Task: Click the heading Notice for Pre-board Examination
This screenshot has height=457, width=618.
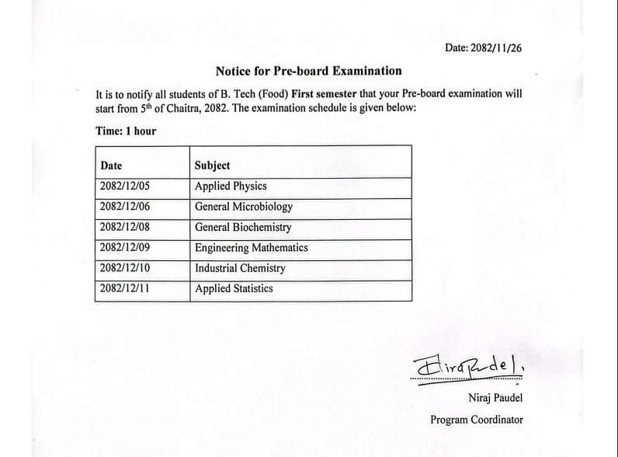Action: tap(309, 71)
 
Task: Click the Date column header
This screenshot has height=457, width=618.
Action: tap(111, 166)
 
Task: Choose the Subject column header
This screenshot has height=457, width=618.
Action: tap(213, 166)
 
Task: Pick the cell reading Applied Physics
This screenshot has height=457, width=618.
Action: tap(231, 187)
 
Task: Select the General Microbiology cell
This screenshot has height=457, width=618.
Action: tap(244, 208)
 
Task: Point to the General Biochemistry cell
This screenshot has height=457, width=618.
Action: tap(243, 228)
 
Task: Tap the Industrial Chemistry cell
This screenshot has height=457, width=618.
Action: tap(240, 268)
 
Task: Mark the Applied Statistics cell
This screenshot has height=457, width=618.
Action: tap(234, 289)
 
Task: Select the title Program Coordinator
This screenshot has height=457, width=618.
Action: tap(477, 420)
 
